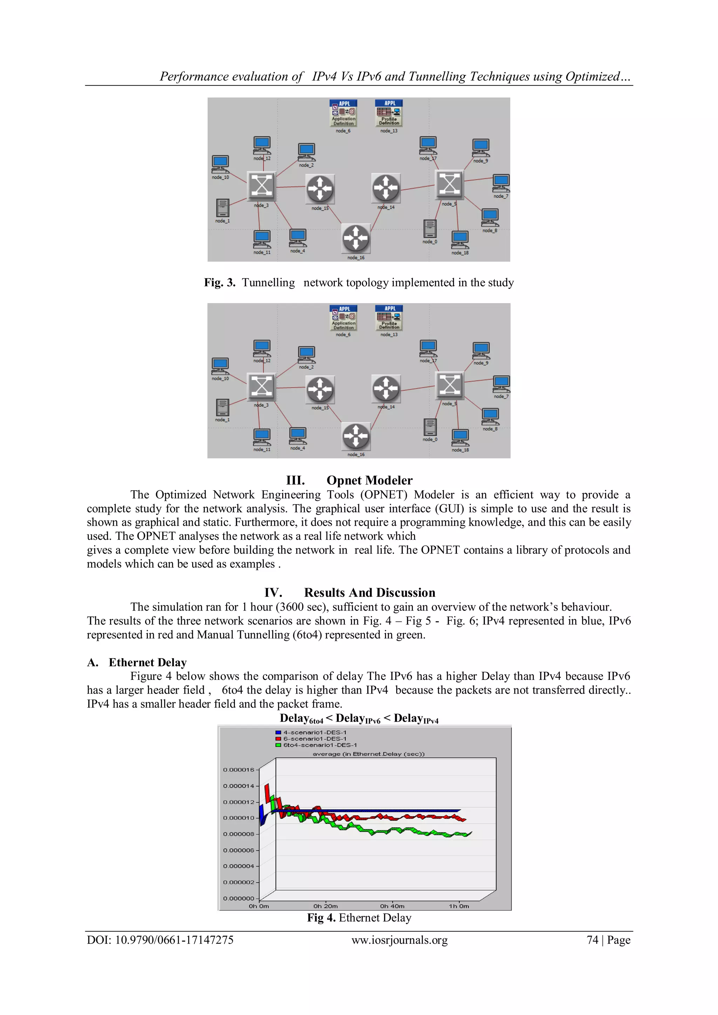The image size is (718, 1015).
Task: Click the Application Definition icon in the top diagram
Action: (343, 113)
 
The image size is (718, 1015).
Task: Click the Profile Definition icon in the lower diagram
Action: (389, 318)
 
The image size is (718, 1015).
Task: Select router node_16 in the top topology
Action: (356, 239)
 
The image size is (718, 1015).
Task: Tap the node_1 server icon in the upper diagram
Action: (222, 208)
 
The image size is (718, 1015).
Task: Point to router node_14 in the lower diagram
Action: (386, 389)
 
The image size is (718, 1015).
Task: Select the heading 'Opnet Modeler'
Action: (369, 481)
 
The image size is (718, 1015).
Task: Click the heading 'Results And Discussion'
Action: (369, 593)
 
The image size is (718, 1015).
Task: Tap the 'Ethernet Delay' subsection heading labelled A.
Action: (148, 662)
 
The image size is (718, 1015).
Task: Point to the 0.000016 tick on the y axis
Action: (239, 770)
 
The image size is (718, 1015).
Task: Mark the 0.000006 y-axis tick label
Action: (239, 850)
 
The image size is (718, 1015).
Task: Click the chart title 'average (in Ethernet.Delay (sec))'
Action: (368, 754)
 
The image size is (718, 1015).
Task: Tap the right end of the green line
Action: (470, 834)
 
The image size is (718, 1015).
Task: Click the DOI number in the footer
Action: (160, 940)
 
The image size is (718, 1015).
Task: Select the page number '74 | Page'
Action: (608, 940)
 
